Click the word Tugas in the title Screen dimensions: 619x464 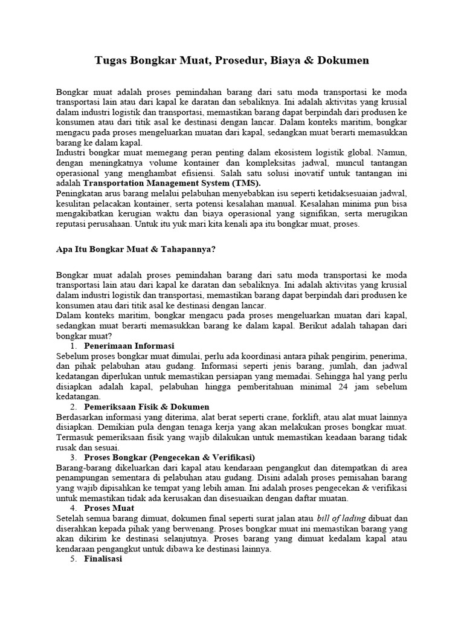pyautogui.click(x=113, y=60)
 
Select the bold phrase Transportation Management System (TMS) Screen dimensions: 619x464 pyautogui.click(x=172, y=183)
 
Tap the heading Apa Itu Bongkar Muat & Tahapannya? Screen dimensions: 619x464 pyautogui.click(x=136, y=249)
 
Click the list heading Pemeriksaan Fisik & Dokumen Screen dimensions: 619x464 pyautogui.click(x=146, y=407)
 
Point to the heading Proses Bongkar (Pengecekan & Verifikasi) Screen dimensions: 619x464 pyautogui.click(x=170, y=457)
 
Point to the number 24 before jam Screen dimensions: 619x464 pyautogui.click(x=347, y=386)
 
